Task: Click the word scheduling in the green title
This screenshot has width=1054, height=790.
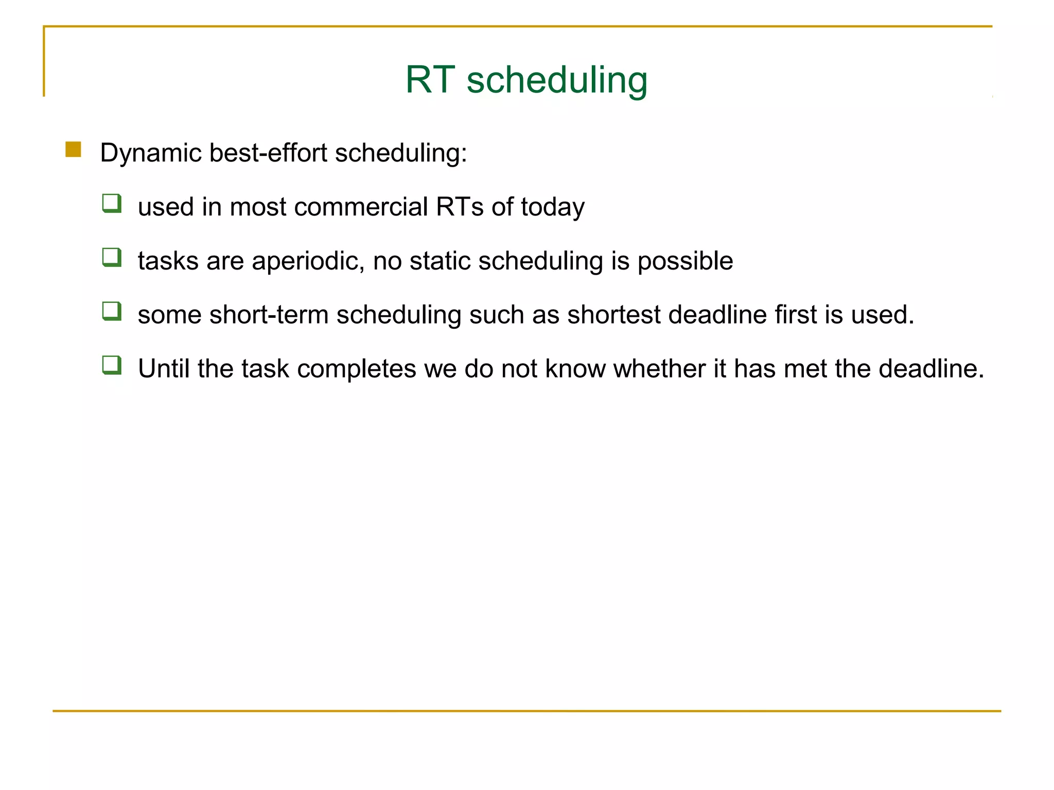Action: pos(557,81)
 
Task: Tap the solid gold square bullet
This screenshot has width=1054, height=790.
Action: pos(73,150)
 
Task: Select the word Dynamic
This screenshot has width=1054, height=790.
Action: pos(151,153)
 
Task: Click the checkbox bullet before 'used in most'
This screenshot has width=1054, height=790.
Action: pos(112,203)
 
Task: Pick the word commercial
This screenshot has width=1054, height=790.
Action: pos(361,207)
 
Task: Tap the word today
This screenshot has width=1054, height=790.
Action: pos(553,208)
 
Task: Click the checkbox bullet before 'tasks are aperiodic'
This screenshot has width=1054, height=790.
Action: pos(112,257)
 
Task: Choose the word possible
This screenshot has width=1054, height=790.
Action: pos(685,261)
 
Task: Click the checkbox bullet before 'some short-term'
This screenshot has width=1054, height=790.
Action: pos(112,311)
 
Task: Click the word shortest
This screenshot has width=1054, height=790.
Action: pos(613,314)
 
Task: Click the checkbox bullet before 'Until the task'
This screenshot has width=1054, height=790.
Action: pos(112,365)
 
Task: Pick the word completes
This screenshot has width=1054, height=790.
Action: pos(356,369)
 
